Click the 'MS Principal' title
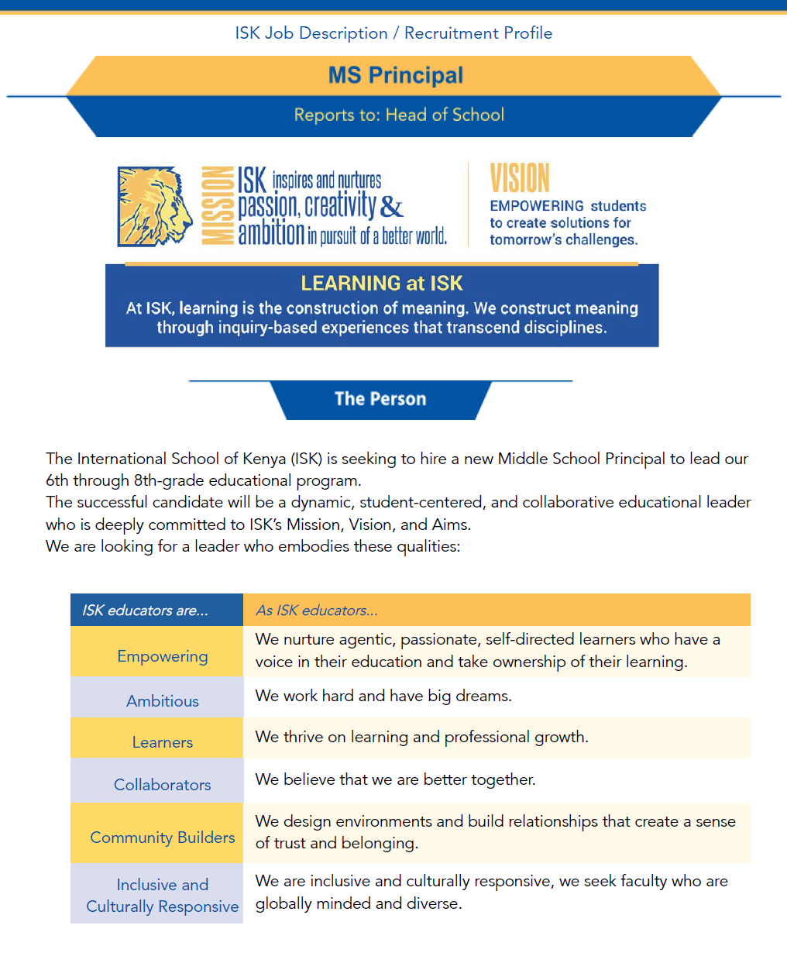click(395, 75)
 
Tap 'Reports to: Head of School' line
click(399, 115)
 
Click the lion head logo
click(155, 207)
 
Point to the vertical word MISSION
click(218, 206)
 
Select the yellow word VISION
click(520, 178)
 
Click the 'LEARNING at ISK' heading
click(382, 284)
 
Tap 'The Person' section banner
click(380, 399)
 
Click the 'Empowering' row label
click(163, 656)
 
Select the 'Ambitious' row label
click(163, 701)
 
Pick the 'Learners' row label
click(163, 742)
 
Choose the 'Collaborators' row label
click(163, 785)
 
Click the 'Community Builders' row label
click(163, 838)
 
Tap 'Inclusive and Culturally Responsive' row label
click(163, 896)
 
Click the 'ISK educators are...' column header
click(146, 611)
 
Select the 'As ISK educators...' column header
click(317, 611)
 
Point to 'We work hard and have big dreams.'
click(383, 696)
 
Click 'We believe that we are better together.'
click(395, 779)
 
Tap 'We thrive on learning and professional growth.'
click(421, 737)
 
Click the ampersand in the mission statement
click(392, 207)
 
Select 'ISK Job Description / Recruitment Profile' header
click(393, 33)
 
